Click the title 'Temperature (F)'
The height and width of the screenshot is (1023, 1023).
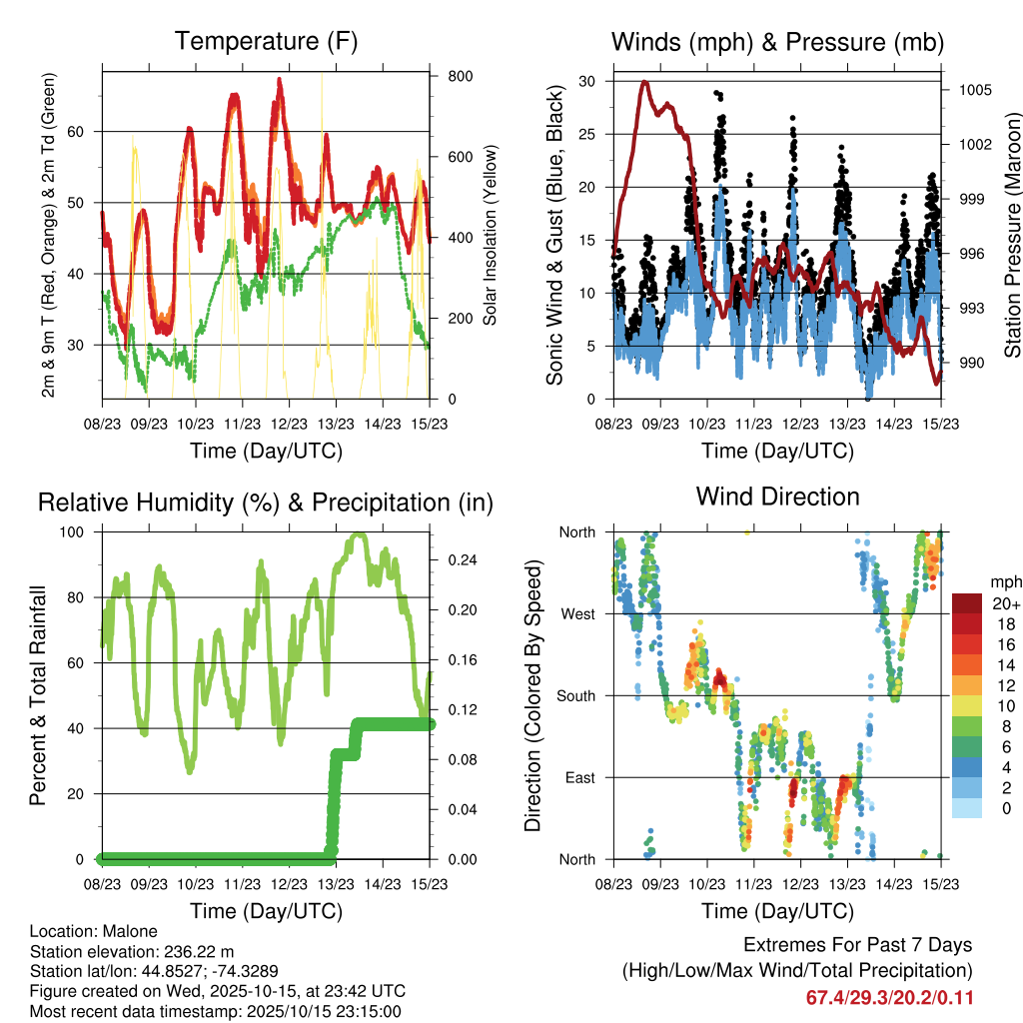coord(266,42)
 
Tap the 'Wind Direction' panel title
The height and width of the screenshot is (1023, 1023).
coord(777,497)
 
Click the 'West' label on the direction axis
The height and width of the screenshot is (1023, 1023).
coord(577,613)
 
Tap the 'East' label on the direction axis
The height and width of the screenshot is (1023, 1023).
coord(578,777)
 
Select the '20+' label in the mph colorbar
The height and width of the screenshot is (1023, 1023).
coord(1004,603)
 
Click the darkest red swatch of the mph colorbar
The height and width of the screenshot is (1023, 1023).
coord(968,603)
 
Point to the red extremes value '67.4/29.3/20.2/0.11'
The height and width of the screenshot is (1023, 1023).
coord(889,998)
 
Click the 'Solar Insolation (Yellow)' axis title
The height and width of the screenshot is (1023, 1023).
coord(491,235)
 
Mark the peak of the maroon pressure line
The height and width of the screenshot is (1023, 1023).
coord(644,82)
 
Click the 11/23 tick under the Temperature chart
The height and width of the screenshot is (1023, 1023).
coord(242,424)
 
